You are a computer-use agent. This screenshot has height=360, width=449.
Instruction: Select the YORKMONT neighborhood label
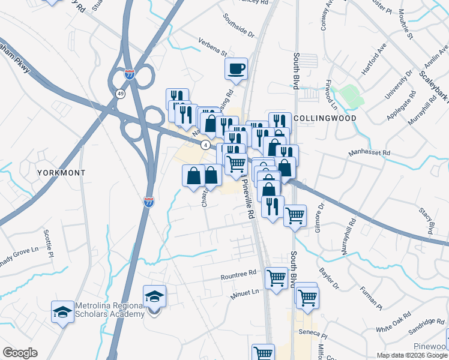[x=61, y=172]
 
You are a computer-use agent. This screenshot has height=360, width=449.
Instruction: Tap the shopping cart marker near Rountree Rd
[x=276, y=278]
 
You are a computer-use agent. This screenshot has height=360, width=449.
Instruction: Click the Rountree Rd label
[x=238, y=272]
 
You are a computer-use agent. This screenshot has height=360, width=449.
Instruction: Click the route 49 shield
[x=121, y=94]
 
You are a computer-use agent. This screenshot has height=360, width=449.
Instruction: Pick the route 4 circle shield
[x=205, y=145]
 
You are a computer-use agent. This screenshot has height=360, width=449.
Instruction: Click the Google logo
[x=20, y=353]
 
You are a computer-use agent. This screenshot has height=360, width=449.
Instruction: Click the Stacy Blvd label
[x=427, y=220]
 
